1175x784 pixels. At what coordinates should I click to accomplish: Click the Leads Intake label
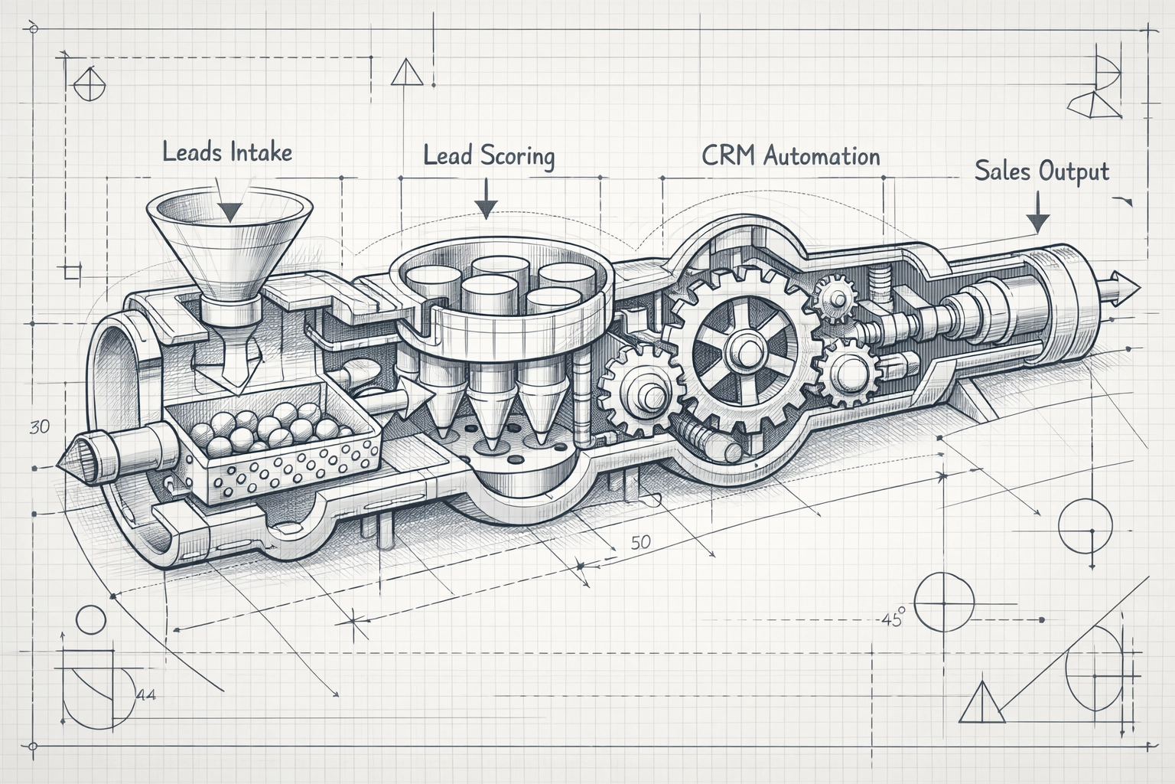coord(227,152)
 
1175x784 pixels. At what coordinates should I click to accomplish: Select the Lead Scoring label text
coord(489,155)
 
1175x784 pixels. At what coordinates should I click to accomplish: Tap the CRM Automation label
coord(790,156)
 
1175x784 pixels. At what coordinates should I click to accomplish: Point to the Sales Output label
coord(1041,171)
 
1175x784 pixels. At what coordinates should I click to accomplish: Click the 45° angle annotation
coord(892,617)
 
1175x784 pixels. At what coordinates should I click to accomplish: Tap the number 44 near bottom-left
coord(145,695)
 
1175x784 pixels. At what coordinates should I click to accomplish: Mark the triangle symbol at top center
coord(406,73)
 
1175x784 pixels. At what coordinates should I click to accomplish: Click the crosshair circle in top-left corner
coord(90,83)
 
